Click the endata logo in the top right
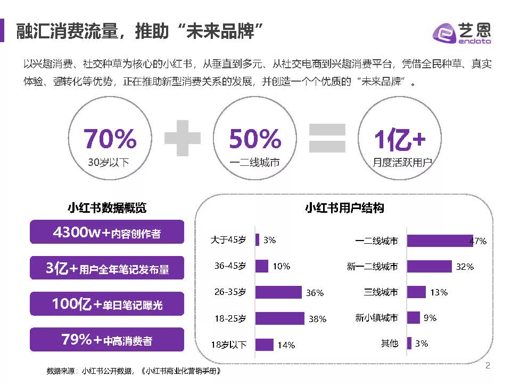462,33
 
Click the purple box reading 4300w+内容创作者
107,233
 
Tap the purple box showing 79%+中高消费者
107,339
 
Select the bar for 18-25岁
279,318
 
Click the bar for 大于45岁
258,240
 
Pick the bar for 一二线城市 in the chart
440,241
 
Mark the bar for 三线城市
416,292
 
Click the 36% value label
315,293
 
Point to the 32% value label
464,267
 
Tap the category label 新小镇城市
376,318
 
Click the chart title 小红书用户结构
344,208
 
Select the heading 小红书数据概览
107,208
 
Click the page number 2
488,366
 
